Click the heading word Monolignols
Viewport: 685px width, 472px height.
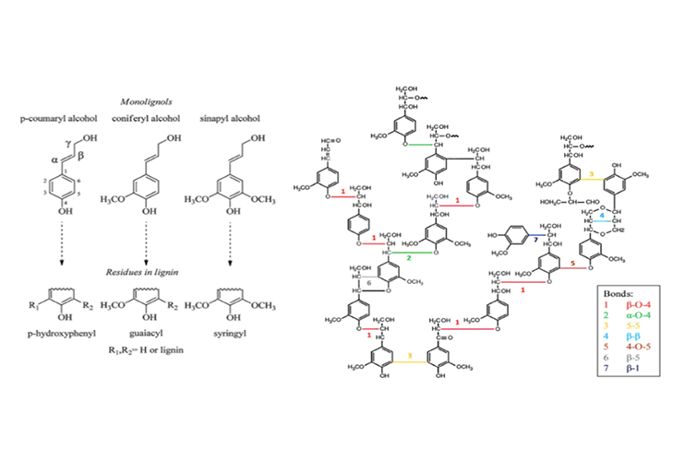coord(150,101)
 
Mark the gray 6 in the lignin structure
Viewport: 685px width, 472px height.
coord(369,283)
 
